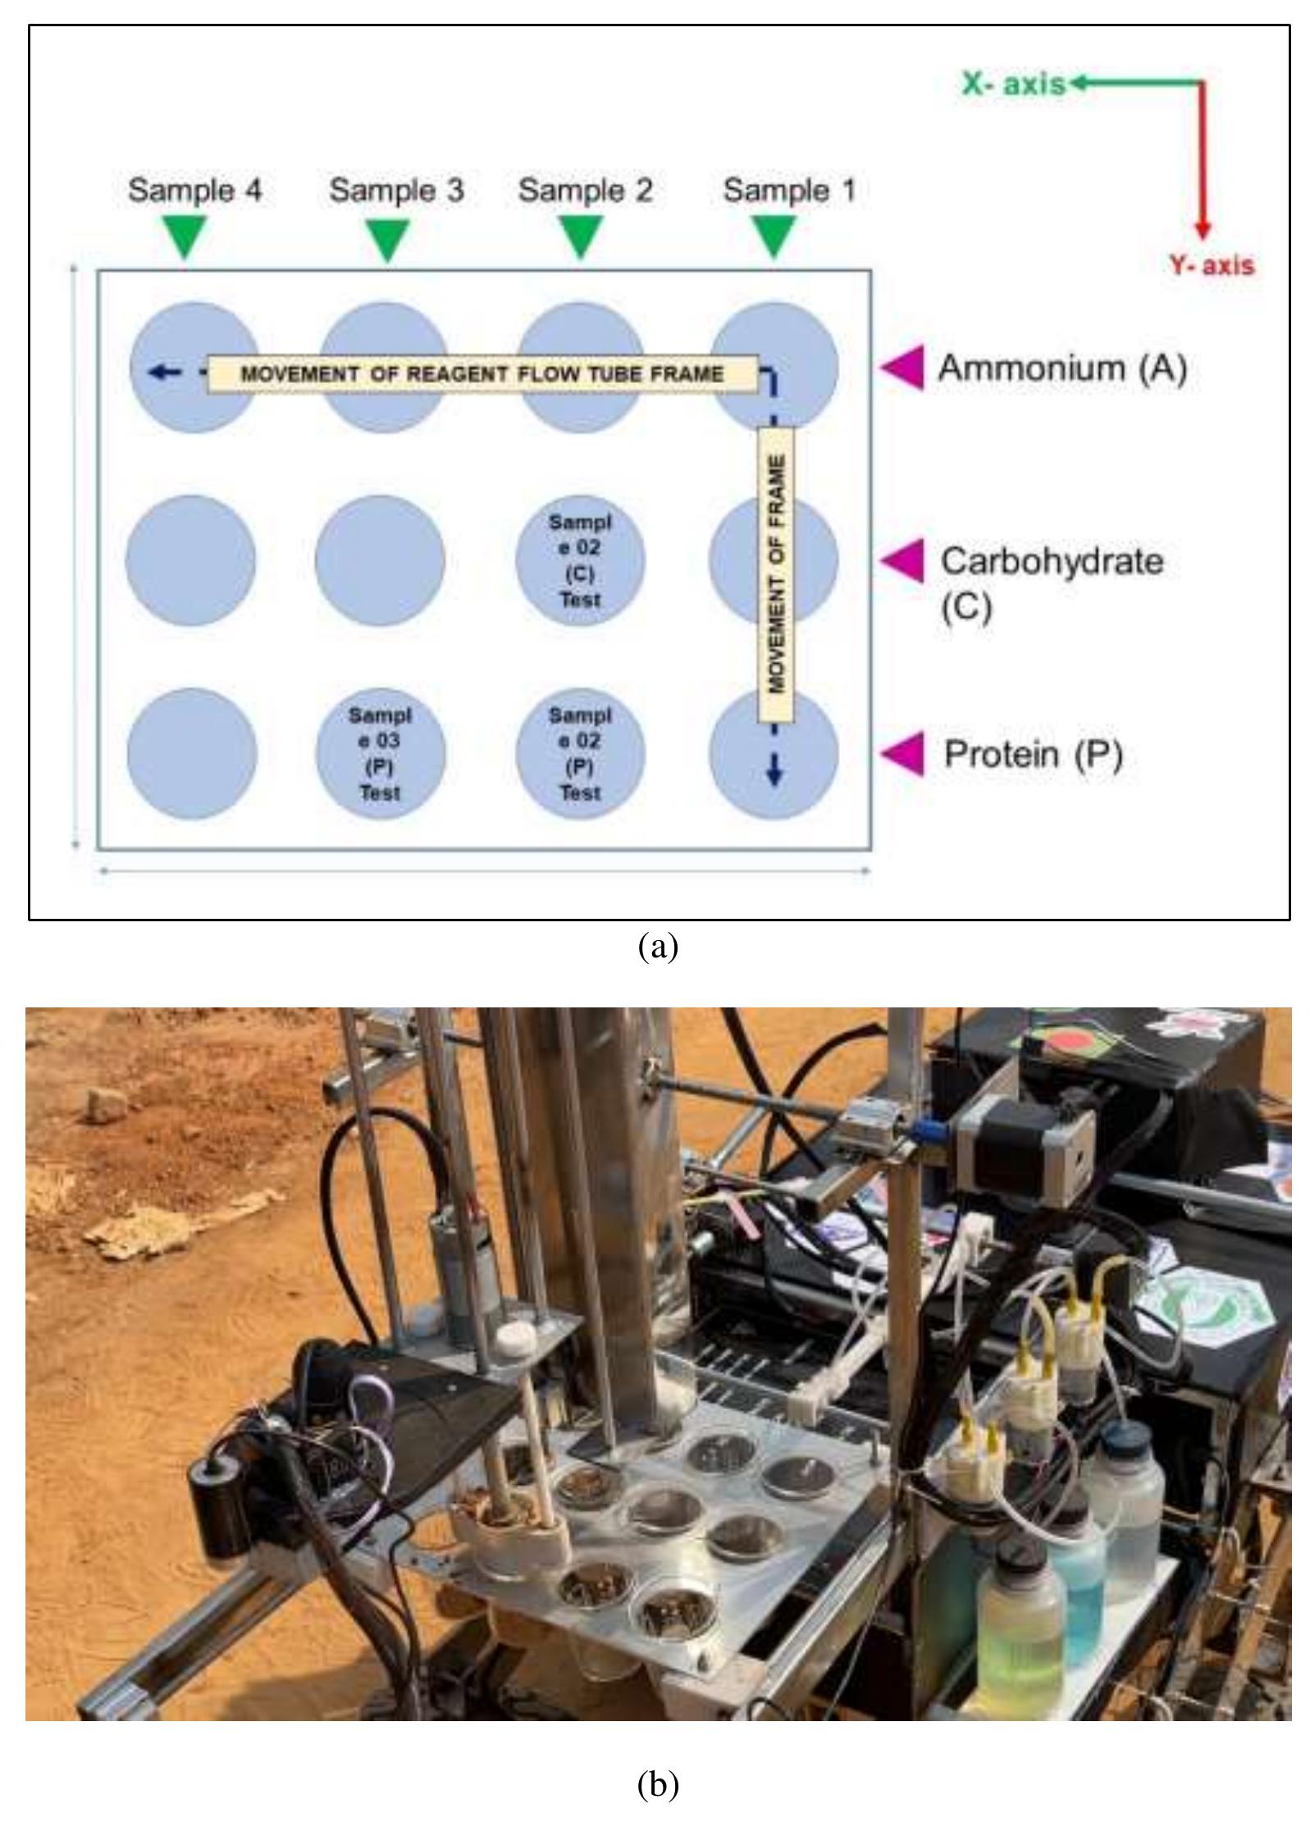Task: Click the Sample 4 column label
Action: pos(194,190)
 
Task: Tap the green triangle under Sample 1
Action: pos(774,235)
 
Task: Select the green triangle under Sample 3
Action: pos(386,238)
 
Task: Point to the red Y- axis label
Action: pos(1211,266)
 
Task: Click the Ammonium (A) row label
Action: pos(1061,368)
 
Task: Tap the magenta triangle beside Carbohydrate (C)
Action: pos(903,561)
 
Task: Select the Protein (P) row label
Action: pos(1032,753)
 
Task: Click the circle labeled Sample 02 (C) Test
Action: pos(580,560)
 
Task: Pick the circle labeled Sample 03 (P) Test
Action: pos(380,753)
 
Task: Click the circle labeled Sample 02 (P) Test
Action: pos(580,753)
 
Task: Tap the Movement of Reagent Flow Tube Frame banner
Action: pos(482,374)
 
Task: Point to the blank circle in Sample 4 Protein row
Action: pos(192,753)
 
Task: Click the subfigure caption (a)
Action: pos(657,947)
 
